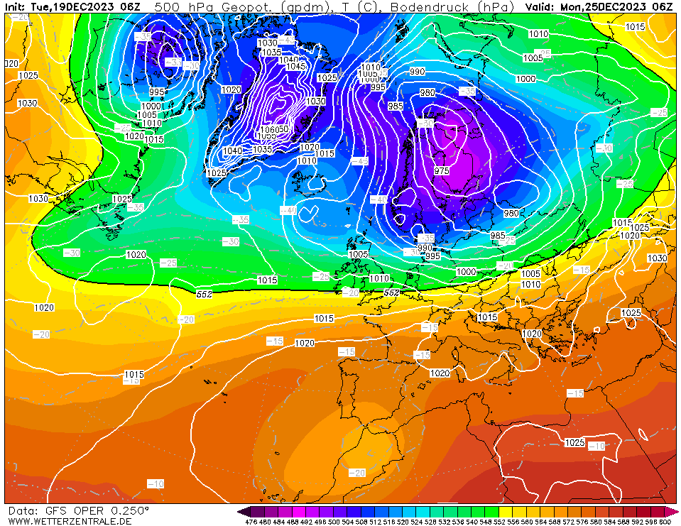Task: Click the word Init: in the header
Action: click(16, 6)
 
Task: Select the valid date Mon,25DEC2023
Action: click(605, 6)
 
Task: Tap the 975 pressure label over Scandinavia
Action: click(442, 171)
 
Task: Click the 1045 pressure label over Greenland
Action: click(296, 67)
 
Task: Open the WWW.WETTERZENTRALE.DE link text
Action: click(70, 522)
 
